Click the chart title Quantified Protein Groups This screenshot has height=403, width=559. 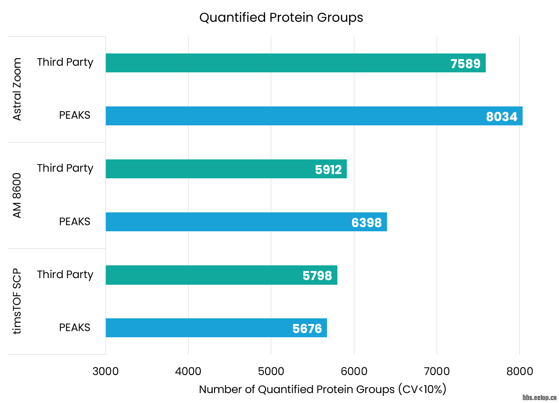tap(281, 18)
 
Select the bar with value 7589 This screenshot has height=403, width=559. tap(295, 63)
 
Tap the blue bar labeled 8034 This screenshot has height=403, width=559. tap(314, 116)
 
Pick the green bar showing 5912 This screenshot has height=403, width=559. tap(226, 169)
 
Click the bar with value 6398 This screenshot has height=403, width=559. tap(246, 222)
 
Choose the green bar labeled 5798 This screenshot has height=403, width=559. tap(221, 275)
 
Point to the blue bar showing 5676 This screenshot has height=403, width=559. tap(216, 328)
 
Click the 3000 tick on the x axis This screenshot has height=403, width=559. tap(105, 371)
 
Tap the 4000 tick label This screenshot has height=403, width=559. tap(188, 371)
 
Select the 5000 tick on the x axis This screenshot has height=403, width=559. tap(271, 371)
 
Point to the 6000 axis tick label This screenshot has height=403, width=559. tap(354, 371)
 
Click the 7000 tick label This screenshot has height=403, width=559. tap(437, 371)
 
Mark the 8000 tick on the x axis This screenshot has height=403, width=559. tap(519, 371)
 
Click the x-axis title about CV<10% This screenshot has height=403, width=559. tap(322, 389)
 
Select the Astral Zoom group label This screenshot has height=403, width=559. tap(17, 89)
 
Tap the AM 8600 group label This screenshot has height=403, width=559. tap(17, 195)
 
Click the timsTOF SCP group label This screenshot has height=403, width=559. tap(17, 301)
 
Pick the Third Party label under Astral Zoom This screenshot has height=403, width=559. tap(65, 62)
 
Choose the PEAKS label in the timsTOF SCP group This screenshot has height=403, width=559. tap(75, 327)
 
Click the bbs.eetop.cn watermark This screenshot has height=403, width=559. tap(540, 397)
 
